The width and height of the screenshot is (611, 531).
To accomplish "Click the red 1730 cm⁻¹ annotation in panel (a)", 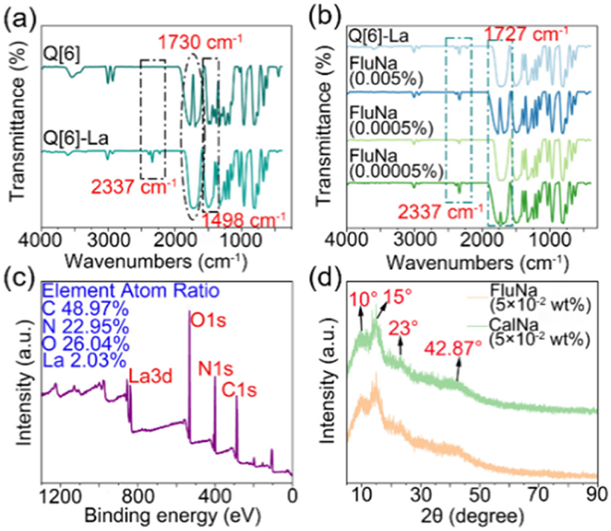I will point(200,41).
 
